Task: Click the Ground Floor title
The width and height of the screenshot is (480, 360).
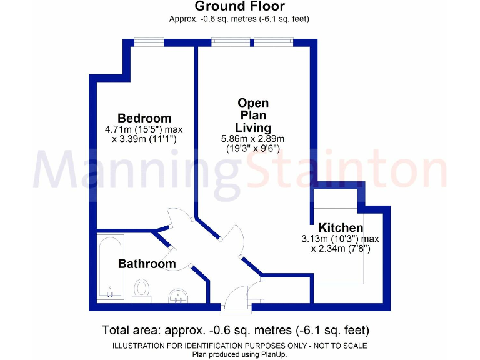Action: click(239, 7)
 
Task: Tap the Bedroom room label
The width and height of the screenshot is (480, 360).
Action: click(144, 118)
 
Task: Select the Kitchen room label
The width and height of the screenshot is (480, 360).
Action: click(341, 227)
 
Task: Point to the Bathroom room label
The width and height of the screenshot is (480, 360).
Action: click(147, 264)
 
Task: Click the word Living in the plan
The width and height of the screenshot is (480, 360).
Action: click(253, 128)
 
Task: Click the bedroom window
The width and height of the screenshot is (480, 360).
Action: click(149, 42)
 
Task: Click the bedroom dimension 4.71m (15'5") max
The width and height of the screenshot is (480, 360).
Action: click(144, 129)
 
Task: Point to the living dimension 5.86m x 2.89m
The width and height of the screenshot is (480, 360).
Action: click(252, 139)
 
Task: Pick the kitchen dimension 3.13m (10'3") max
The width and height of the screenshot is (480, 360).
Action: click(340, 239)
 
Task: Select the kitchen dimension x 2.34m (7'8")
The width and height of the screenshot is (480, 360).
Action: click(340, 249)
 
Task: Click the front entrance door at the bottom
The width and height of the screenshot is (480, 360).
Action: click(238, 296)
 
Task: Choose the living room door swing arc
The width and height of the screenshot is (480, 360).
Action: click(234, 241)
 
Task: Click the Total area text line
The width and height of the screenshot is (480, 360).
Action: click(236, 329)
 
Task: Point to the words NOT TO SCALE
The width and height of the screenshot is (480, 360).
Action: click(342, 346)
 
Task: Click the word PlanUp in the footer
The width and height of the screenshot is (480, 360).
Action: click(273, 354)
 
